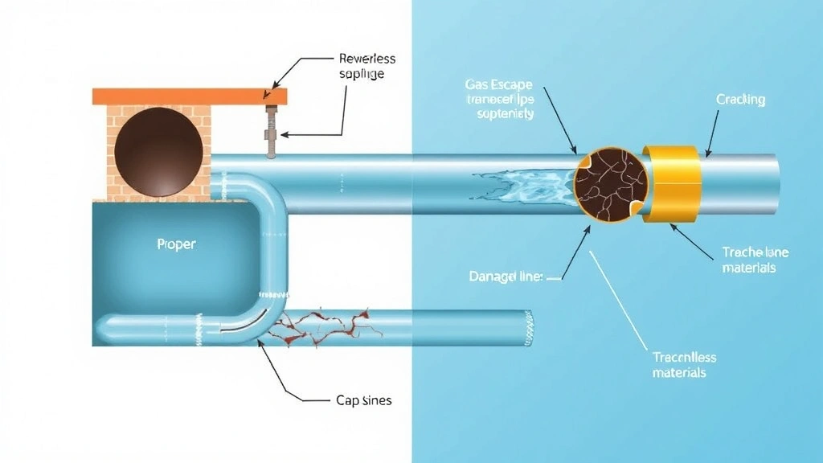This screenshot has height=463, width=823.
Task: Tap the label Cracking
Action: pos(740,100)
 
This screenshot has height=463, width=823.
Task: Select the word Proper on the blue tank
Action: pos(176,244)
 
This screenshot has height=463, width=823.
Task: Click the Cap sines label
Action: pos(363,399)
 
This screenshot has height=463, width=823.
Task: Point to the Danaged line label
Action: pos(506,277)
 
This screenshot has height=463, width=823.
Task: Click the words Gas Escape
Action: pos(499,84)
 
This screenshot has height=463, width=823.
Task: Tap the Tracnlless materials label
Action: pos(684,364)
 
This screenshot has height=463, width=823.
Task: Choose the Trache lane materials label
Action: pos(747,259)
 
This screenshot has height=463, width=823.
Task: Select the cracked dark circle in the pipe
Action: pos(612,182)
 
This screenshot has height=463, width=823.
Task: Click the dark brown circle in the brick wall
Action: pos(158,152)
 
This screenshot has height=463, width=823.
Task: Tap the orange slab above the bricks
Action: pos(190,96)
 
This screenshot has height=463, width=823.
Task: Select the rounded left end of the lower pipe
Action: pos(103,328)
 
